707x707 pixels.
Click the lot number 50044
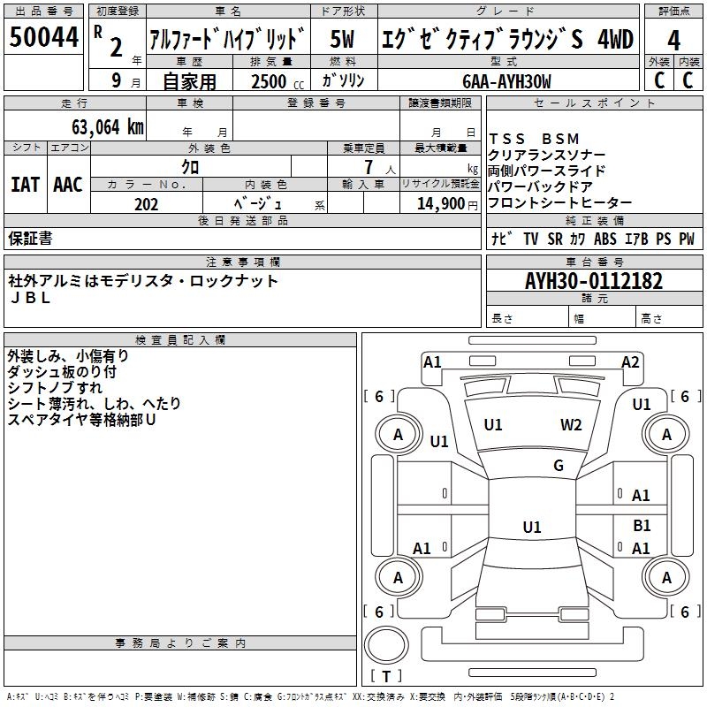(x=43, y=36)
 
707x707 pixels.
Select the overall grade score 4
(x=673, y=40)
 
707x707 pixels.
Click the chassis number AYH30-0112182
(x=594, y=281)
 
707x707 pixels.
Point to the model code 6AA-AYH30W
(x=506, y=81)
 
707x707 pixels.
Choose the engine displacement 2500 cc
(x=274, y=81)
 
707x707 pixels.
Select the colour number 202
(x=147, y=204)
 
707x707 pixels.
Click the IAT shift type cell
(x=25, y=185)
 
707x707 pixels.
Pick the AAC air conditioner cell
(x=67, y=185)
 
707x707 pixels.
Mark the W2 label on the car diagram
(x=571, y=424)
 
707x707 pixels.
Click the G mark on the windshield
(x=559, y=466)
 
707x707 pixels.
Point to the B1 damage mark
(x=642, y=525)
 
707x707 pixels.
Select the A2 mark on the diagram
(x=630, y=361)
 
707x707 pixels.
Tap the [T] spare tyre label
(x=386, y=677)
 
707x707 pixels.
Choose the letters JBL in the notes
(x=30, y=298)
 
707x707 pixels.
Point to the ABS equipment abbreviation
(x=605, y=239)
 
